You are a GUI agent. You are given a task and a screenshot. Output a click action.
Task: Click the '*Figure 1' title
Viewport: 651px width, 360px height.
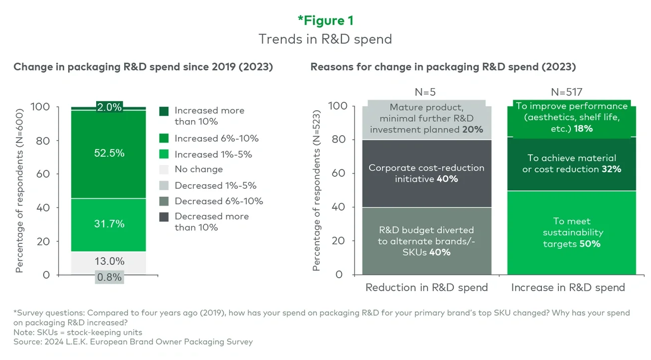click(325, 20)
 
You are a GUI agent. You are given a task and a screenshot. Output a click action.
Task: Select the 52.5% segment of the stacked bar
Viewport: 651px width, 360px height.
click(109, 153)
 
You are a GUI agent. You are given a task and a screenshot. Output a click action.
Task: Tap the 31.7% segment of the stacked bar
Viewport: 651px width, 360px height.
click(109, 224)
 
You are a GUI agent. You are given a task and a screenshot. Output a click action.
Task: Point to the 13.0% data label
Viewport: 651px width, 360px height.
click(109, 261)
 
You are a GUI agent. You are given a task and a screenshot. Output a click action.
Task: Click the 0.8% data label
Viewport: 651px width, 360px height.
click(109, 277)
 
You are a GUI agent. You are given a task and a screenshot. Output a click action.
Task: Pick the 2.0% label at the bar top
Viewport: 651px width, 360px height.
click(109, 107)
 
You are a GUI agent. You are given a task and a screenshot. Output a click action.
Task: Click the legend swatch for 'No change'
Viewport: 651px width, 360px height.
click(164, 169)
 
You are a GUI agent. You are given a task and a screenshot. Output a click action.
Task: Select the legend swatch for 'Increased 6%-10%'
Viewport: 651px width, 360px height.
click(164, 138)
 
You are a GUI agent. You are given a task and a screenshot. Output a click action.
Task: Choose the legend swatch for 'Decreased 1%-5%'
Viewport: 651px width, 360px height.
click(164, 185)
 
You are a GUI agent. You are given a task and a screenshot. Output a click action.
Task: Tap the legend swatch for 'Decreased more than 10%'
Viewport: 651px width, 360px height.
click(164, 217)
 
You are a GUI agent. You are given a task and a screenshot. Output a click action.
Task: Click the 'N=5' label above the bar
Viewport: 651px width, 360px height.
click(426, 92)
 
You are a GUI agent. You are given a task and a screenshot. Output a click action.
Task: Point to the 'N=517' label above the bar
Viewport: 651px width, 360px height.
click(571, 92)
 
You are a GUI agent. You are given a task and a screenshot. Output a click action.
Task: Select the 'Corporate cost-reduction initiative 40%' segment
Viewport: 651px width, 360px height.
click(426, 173)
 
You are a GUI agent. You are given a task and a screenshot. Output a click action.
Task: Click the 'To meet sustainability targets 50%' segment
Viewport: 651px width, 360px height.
click(571, 232)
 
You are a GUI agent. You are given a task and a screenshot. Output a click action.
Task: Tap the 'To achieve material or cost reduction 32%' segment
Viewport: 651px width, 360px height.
click(571, 164)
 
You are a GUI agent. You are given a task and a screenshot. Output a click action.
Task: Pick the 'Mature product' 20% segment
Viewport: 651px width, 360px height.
click(426, 118)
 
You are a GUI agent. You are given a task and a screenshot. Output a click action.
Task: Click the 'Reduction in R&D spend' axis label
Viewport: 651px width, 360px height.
click(426, 287)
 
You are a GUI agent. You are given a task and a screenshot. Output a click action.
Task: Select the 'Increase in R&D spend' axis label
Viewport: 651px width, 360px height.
click(568, 287)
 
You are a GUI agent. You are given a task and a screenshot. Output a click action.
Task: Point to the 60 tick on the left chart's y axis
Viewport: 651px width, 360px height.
click(44, 174)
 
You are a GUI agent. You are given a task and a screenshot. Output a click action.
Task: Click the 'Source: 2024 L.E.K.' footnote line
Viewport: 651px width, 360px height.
click(133, 342)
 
